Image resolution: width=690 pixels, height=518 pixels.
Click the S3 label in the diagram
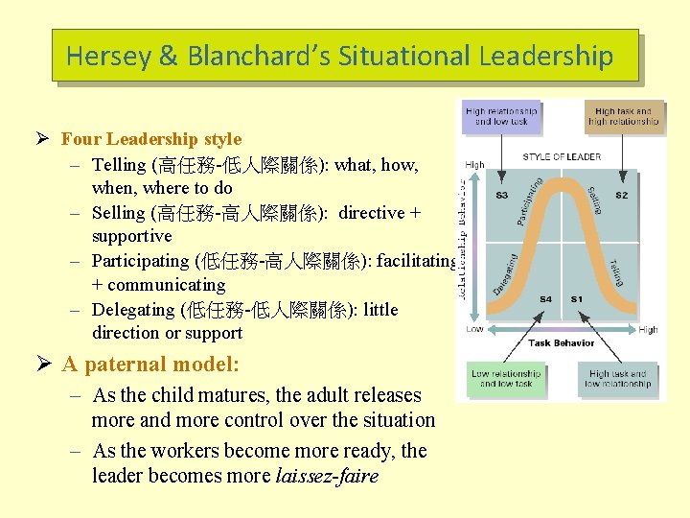click(500, 195)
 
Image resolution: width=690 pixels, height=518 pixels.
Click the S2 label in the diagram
click(622, 195)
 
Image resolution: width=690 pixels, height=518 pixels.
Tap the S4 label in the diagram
click(545, 299)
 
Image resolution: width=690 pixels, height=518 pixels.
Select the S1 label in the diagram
click(576, 299)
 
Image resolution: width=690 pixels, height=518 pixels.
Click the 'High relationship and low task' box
click(500, 116)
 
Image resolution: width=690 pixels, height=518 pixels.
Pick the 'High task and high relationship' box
click(623, 116)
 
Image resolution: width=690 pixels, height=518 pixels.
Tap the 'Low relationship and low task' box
click(506, 379)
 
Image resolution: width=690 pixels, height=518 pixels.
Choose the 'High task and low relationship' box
click(619, 379)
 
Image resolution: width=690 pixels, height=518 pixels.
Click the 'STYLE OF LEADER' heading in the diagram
click(562, 156)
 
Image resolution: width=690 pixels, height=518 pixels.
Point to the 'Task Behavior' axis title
click(561, 342)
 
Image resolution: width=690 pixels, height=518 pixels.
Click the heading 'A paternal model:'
click(150, 365)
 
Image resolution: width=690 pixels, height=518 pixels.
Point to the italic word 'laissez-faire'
click(327, 476)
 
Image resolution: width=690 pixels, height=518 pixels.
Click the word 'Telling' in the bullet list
click(119, 165)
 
